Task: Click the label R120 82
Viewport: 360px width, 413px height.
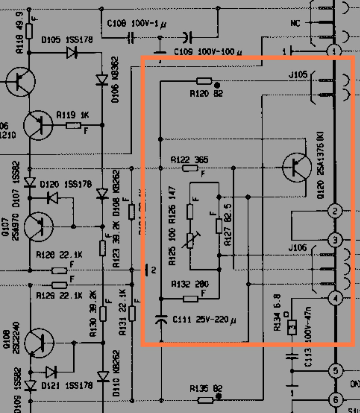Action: pyautogui.click(x=206, y=94)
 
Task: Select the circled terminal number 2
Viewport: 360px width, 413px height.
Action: pyautogui.click(x=335, y=211)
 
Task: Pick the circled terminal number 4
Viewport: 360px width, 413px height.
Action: pyautogui.click(x=335, y=298)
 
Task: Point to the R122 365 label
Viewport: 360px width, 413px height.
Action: pyautogui.click(x=189, y=160)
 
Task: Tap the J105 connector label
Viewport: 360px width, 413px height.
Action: pyautogui.click(x=298, y=75)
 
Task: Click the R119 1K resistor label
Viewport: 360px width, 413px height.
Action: pyautogui.click(x=73, y=116)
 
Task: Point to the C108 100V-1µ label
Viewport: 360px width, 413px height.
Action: pyautogui.click(x=137, y=24)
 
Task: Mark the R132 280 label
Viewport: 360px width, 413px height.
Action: pyautogui.click(x=190, y=284)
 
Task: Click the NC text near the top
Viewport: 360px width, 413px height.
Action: pyautogui.click(x=295, y=23)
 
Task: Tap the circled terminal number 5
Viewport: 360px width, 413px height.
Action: pyautogui.click(x=335, y=371)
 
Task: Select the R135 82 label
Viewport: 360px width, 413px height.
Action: pyautogui.click(x=206, y=388)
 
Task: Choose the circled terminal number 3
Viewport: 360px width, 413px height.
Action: pyautogui.click(x=335, y=240)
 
